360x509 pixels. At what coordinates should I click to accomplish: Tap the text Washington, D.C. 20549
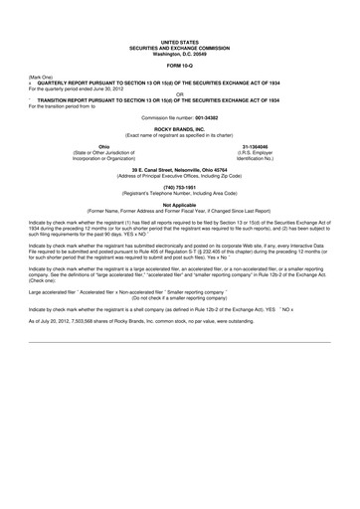click(180, 53)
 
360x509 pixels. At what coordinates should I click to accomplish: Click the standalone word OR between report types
click(180, 95)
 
